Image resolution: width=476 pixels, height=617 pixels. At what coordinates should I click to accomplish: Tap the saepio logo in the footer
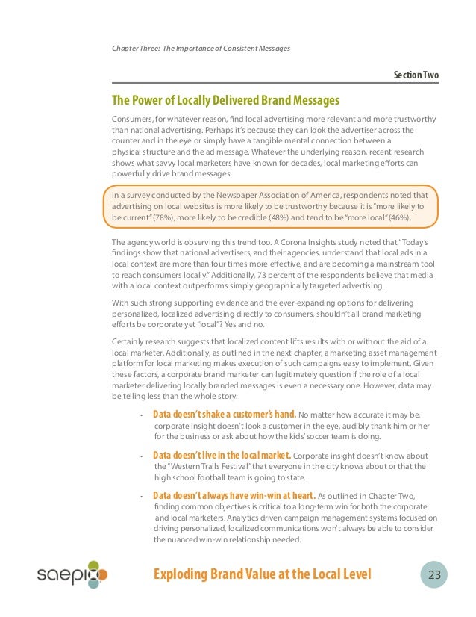click(72, 574)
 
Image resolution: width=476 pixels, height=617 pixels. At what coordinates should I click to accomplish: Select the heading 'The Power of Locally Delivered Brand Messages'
click(225, 101)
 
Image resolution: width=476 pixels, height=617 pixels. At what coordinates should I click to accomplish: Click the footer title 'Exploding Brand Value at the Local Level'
click(261, 574)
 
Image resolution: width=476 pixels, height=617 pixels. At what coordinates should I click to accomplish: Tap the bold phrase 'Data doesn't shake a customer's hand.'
click(225, 414)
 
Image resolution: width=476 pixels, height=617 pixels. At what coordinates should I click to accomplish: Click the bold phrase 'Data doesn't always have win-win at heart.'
click(234, 495)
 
